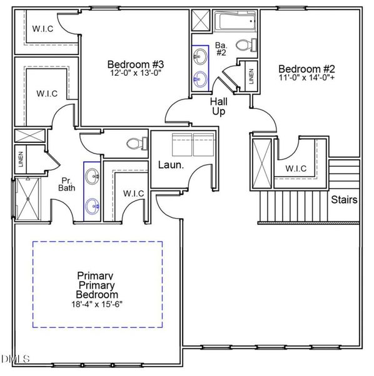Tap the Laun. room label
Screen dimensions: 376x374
pos(170,165)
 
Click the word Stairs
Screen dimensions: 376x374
pos(344,200)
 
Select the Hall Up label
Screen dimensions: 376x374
pos(218,106)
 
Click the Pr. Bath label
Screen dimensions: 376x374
pos(66,182)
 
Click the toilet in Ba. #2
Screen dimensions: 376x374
pos(253,45)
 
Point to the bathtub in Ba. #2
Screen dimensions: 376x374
pos(234,24)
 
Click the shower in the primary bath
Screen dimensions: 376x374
pos(26,199)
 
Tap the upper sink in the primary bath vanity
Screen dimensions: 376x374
pos(93,175)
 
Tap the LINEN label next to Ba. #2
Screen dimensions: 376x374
pos(251,76)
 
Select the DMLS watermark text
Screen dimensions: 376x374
pos(16,359)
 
